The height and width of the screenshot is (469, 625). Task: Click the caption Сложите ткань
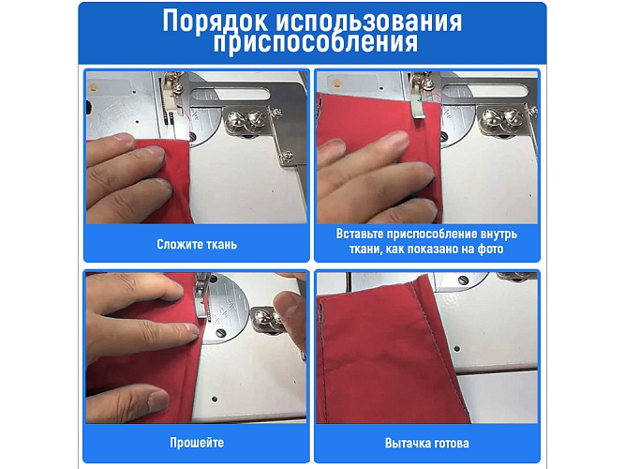tap(197, 245)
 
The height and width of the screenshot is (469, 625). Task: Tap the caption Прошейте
tap(196, 443)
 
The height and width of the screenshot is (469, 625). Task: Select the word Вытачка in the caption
tap(406, 443)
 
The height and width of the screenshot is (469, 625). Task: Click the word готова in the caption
tap(450, 443)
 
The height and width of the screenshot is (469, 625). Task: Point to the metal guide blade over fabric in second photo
tap(418, 122)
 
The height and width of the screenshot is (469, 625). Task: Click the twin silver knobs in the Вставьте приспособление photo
tap(498, 117)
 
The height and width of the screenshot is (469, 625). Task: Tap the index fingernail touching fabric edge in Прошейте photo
tap(192, 328)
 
